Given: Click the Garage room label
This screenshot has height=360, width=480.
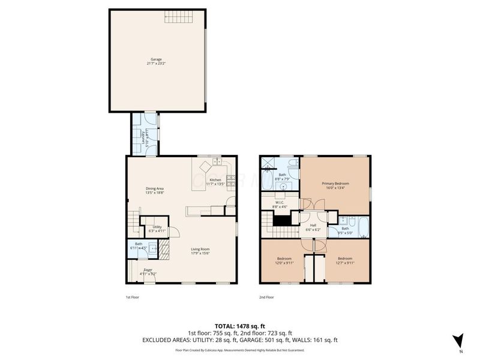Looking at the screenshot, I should click(x=155, y=61).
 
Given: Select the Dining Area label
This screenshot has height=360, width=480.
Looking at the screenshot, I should click(x=155, y=189).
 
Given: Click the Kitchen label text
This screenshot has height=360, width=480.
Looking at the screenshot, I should click(x=215, y=179).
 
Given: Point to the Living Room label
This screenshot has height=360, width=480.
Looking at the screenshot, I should click(x=200, y=249).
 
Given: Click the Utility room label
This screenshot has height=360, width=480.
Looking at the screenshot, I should click(x=157, y=226).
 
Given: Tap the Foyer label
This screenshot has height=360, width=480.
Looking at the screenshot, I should click(x=148, y=270).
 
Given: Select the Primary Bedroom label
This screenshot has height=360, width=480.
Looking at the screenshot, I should click(x=335, y=184).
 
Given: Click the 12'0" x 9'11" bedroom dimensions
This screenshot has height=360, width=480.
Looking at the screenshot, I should click(x=284, y=263).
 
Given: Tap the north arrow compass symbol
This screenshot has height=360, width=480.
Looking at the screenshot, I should click(x=458, y=340).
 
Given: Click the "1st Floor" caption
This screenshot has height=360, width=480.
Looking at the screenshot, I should click(x=132, y=296).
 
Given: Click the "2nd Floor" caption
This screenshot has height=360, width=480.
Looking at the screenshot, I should click(x=266, y=296).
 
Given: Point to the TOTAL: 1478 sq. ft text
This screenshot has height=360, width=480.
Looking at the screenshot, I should click(x=239, y=325).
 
